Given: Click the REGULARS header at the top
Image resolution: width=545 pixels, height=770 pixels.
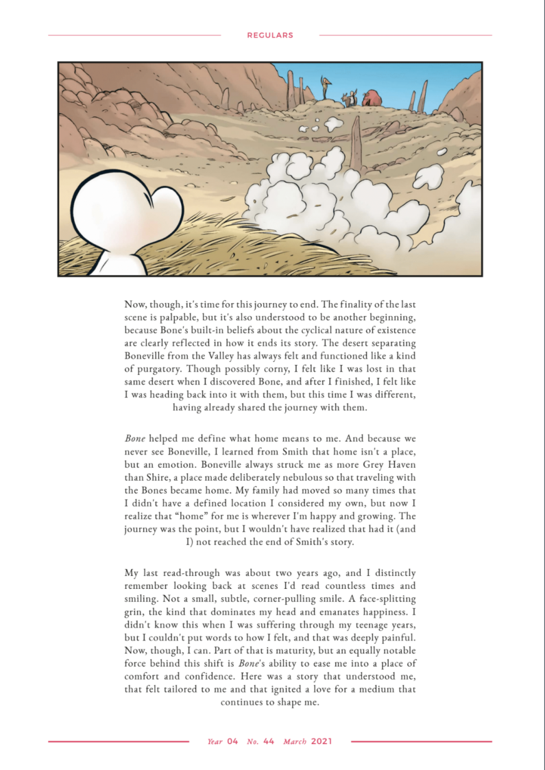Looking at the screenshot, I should click(x=270, y=35).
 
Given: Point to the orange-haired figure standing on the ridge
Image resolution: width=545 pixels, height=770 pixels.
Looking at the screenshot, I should click(x=326, y=88).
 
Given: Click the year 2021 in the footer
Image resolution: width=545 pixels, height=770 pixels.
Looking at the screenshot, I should click(x=322, y=741).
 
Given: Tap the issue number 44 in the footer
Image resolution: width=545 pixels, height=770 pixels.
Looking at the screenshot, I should click(x=269, y=741).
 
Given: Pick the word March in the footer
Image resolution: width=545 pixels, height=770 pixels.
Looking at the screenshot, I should click(x=295, y=741).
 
